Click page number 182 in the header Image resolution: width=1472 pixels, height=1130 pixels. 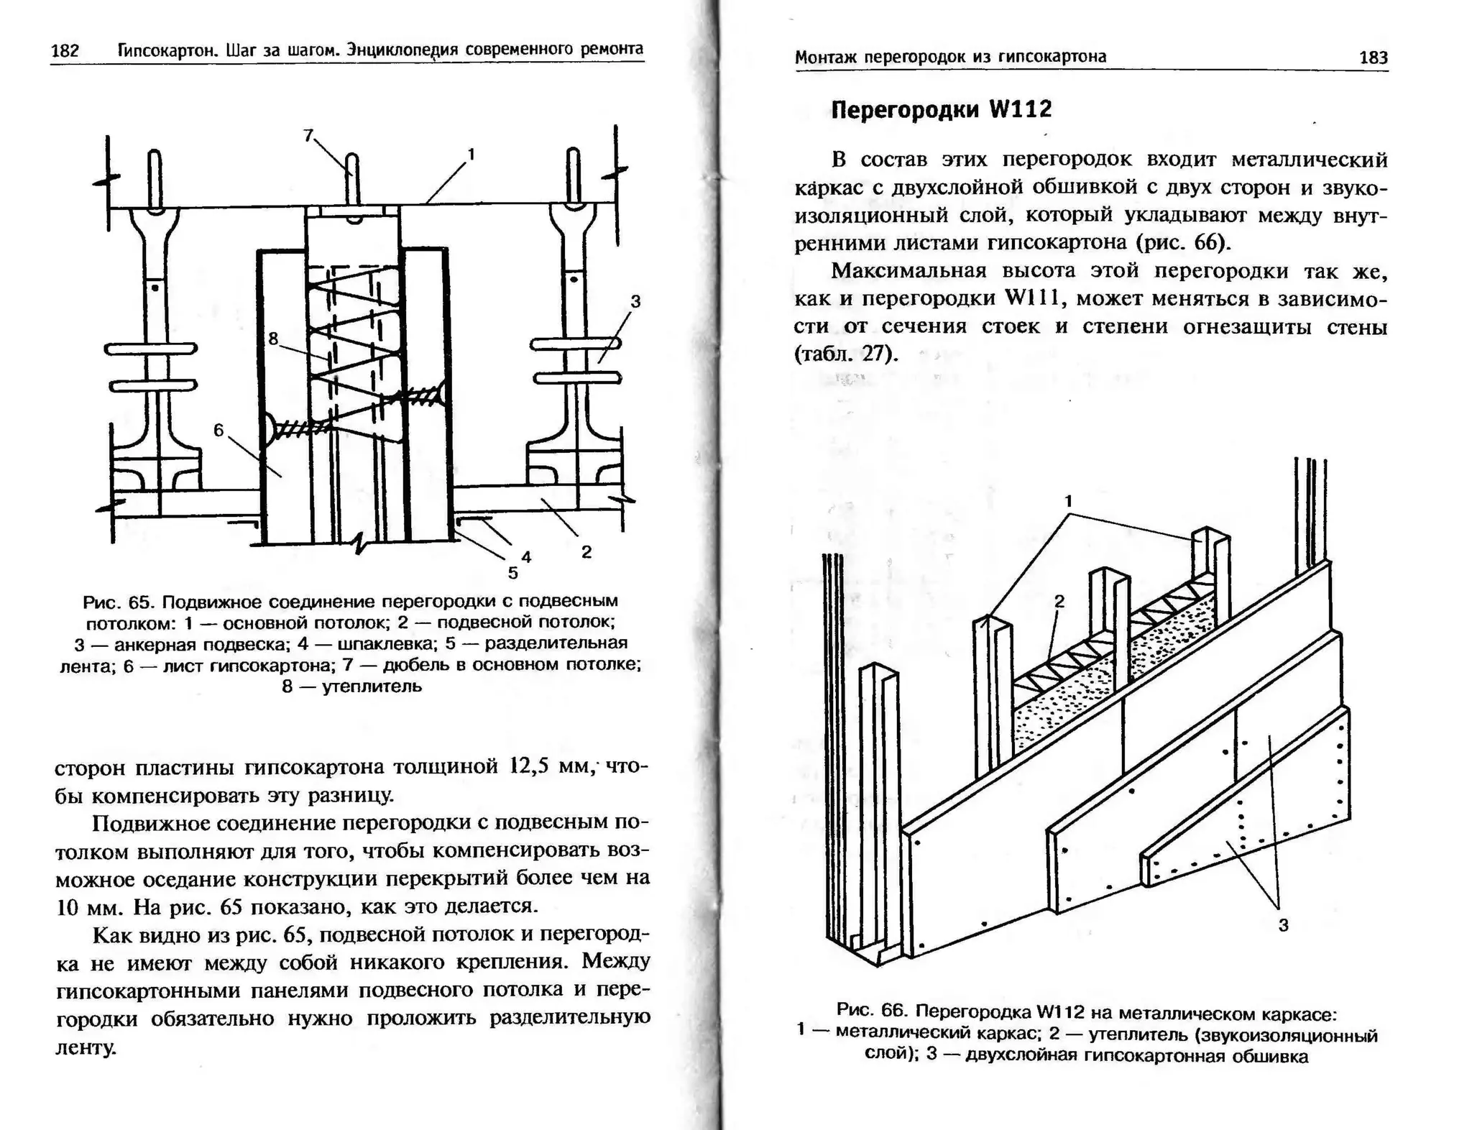point(65,51)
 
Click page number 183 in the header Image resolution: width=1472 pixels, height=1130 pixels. point(1373,58)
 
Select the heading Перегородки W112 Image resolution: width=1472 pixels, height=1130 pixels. point(941,109)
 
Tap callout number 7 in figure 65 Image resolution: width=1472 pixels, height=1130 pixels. point(308,135)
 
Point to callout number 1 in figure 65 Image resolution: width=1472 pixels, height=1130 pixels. point(471,154)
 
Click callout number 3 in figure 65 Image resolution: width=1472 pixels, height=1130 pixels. point(635,302)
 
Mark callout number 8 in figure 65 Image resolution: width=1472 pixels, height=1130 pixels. point(273,339)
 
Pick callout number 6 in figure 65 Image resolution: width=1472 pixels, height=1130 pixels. point(219,430)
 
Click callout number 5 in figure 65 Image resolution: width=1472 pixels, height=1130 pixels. point(512,573)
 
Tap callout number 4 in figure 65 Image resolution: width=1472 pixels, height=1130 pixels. point(526,556)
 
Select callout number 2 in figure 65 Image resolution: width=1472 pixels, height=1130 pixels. point(586,552)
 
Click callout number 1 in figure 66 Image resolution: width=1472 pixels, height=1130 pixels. point(1068,501)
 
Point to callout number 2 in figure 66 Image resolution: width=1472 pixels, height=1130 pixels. point(1059,602)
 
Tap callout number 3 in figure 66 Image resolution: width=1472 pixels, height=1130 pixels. point(1283,925)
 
